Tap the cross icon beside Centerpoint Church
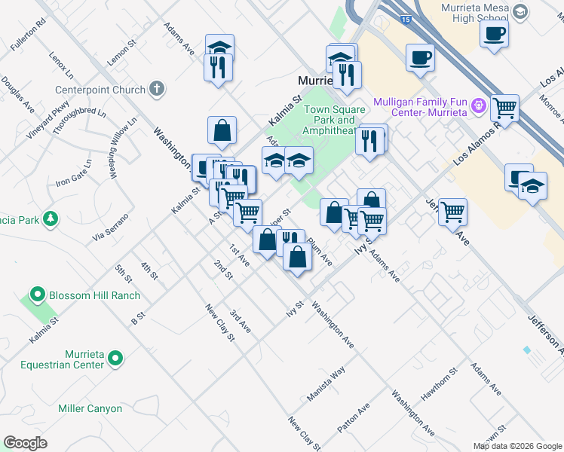click(x=157, y=89)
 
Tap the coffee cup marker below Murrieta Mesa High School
click(x=494, y=34)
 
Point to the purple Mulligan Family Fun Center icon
click(x=477, y=107)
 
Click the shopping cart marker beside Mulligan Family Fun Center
click(x=504, y=108)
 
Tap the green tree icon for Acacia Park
click(x=51, y=218)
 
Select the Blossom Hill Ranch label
click(x=94, y=295)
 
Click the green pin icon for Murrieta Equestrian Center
click(x=115, y=359)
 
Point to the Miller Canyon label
click(x=90, y=408)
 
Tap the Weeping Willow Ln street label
click(x=123, y=147)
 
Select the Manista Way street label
click(x=326, y=383)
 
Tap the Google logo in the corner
click(x=25, y=443)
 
